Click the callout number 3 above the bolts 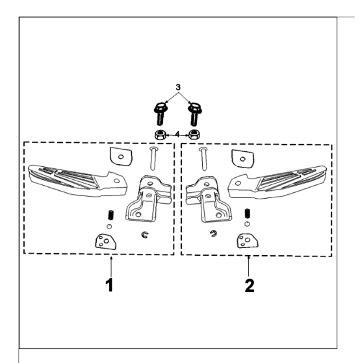pyautogui.click(x=178, y=87)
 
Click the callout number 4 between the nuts pyautogui.click(x=177, y=134)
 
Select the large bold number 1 pyautogui.click(x=110, y=285)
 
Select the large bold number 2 pyautogui.click(x=250, y=286)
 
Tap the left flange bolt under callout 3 pyautogui.click(x=160, y=114)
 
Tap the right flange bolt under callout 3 pyautogui.click(x=194, y=114)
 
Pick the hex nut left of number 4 pyautogui.click(x=160, y=134)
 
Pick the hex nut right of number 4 pyautogui.click(x=194, y=134)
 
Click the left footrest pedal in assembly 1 pyautogui.click(x=77, y=181)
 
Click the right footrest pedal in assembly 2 pyautogui.click(x=277, y=182)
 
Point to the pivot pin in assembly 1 pyautogui.click(x=153, y=158)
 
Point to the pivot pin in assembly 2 pyautogui.click(x=203, y=159)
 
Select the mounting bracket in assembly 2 pyautogui.click(x=209, y=199)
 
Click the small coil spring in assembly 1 pyautogui.click(x=111, y=215)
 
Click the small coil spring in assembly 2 pyautogui.click(x=248, y=214)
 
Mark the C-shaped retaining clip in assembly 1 pyautogui.click(x=145, y=234)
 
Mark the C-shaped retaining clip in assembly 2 pyautogui.click(x=214, y=234)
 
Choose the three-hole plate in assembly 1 pyautogui.click(x=105, y=242)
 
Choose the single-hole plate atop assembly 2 pyautogui.click(x=243, y=159)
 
